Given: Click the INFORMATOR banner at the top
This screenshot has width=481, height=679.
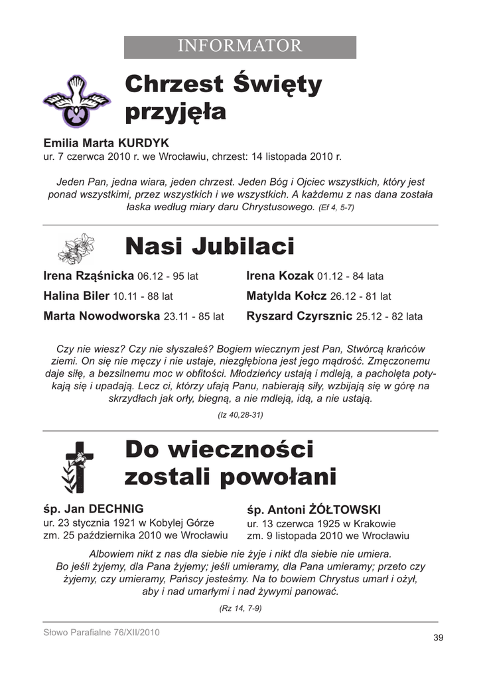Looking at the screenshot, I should pos(240,46).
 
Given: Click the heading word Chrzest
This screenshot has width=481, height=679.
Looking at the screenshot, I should pos(174,85).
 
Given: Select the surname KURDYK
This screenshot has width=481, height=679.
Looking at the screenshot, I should pos(144,143).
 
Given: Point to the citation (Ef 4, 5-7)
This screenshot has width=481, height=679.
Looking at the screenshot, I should pos(336,208).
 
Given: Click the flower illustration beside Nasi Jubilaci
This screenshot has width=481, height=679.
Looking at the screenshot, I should pos(76,248).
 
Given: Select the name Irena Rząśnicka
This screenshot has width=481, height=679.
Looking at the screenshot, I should pos(88,275).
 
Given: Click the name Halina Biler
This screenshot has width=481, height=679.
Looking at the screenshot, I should pos(76,296).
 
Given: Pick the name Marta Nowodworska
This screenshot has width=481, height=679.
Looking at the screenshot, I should pos(102,316).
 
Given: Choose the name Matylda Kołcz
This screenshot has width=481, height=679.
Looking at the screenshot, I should pos(287,296).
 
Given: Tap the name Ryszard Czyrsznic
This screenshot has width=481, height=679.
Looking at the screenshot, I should pos(299,316).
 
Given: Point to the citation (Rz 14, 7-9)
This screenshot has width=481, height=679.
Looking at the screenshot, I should pos(240,607).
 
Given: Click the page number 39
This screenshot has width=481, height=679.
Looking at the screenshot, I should pos(438,638).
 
